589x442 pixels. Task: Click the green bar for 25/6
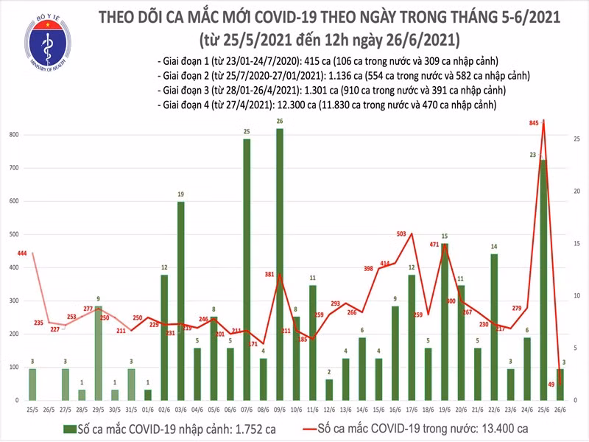pyautogui.click(x=543, y=280)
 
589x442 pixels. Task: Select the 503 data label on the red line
pyautogui.click(x=401, y=234)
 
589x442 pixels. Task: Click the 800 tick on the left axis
pyautogui.click(x=14, y=135)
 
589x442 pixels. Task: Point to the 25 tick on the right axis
pyautogui.click(x=577, y=138)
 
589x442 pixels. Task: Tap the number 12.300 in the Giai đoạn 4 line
pyautogui.click(x=264, y=105)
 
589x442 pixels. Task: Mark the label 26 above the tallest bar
pyautogui.click(x=280, y=121)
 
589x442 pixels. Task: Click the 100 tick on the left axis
pyautogui.click(x=14, y=367)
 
